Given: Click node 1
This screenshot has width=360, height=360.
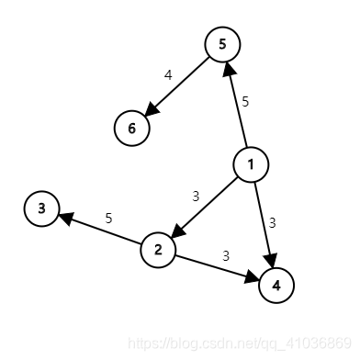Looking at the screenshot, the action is tap(251, 164).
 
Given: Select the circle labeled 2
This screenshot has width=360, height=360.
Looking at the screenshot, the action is tap(158, 249).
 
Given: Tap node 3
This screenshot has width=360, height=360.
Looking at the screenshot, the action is tap(41, 209).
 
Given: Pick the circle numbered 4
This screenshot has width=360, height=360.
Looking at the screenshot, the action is tap(276, 285).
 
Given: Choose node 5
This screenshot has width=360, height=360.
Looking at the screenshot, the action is tap(222, 44).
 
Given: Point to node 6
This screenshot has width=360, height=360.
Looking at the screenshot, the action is tap(131, 128).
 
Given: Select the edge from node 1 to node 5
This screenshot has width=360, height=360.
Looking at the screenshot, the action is tap(237, 105).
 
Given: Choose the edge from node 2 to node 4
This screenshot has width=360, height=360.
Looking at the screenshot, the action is tap(215, 266).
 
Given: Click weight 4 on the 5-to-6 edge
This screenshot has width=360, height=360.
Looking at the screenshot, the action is tap(168, 75).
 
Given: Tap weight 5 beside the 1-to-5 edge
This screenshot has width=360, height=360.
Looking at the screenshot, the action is tap(245, 101).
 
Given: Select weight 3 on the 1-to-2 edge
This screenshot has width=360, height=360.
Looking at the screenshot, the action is tap(196, 196).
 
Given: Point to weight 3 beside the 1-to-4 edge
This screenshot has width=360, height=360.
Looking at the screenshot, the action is tap(273, 221).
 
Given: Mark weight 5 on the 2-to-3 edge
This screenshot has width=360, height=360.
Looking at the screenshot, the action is tap(108, 218).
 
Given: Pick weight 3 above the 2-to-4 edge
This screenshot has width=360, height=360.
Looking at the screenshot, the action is tap(226, 254).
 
